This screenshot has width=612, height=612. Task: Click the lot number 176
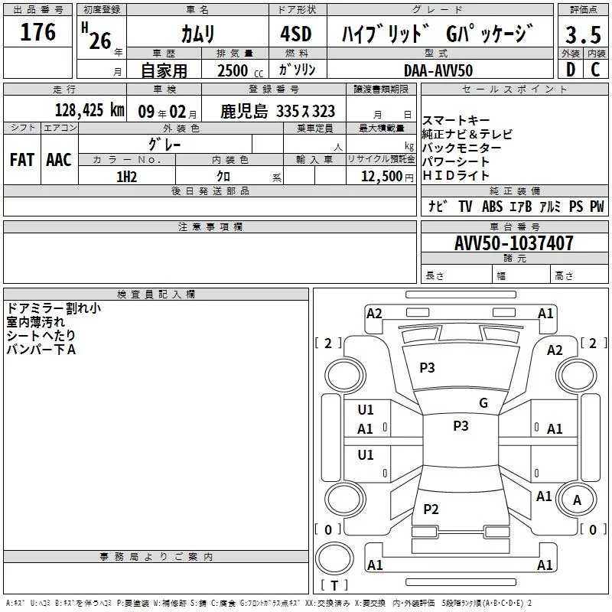pyautogui.click(x=37, y=32)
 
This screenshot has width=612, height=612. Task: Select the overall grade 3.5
pyautogui.click(x=583, y=34)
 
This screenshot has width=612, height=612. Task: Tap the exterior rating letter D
pyautogui.click(x=571, y=70)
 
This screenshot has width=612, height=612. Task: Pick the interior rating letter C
pyautogui.click(x=595, y=70)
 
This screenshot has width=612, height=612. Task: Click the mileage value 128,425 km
pyautogui.click(x=90, y=110)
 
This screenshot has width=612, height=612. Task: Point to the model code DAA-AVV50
pyautogui.click(x=438, y=70)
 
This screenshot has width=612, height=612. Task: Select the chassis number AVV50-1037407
pyautogui.click(x=514, y=243)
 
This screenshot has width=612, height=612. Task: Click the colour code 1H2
pyautogui.click(x=127, y=177)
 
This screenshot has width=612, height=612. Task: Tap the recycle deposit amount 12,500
pyautogui.click(x=382, y=177)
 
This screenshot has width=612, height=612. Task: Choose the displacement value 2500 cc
pyautogui.click(x=240, y=70)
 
